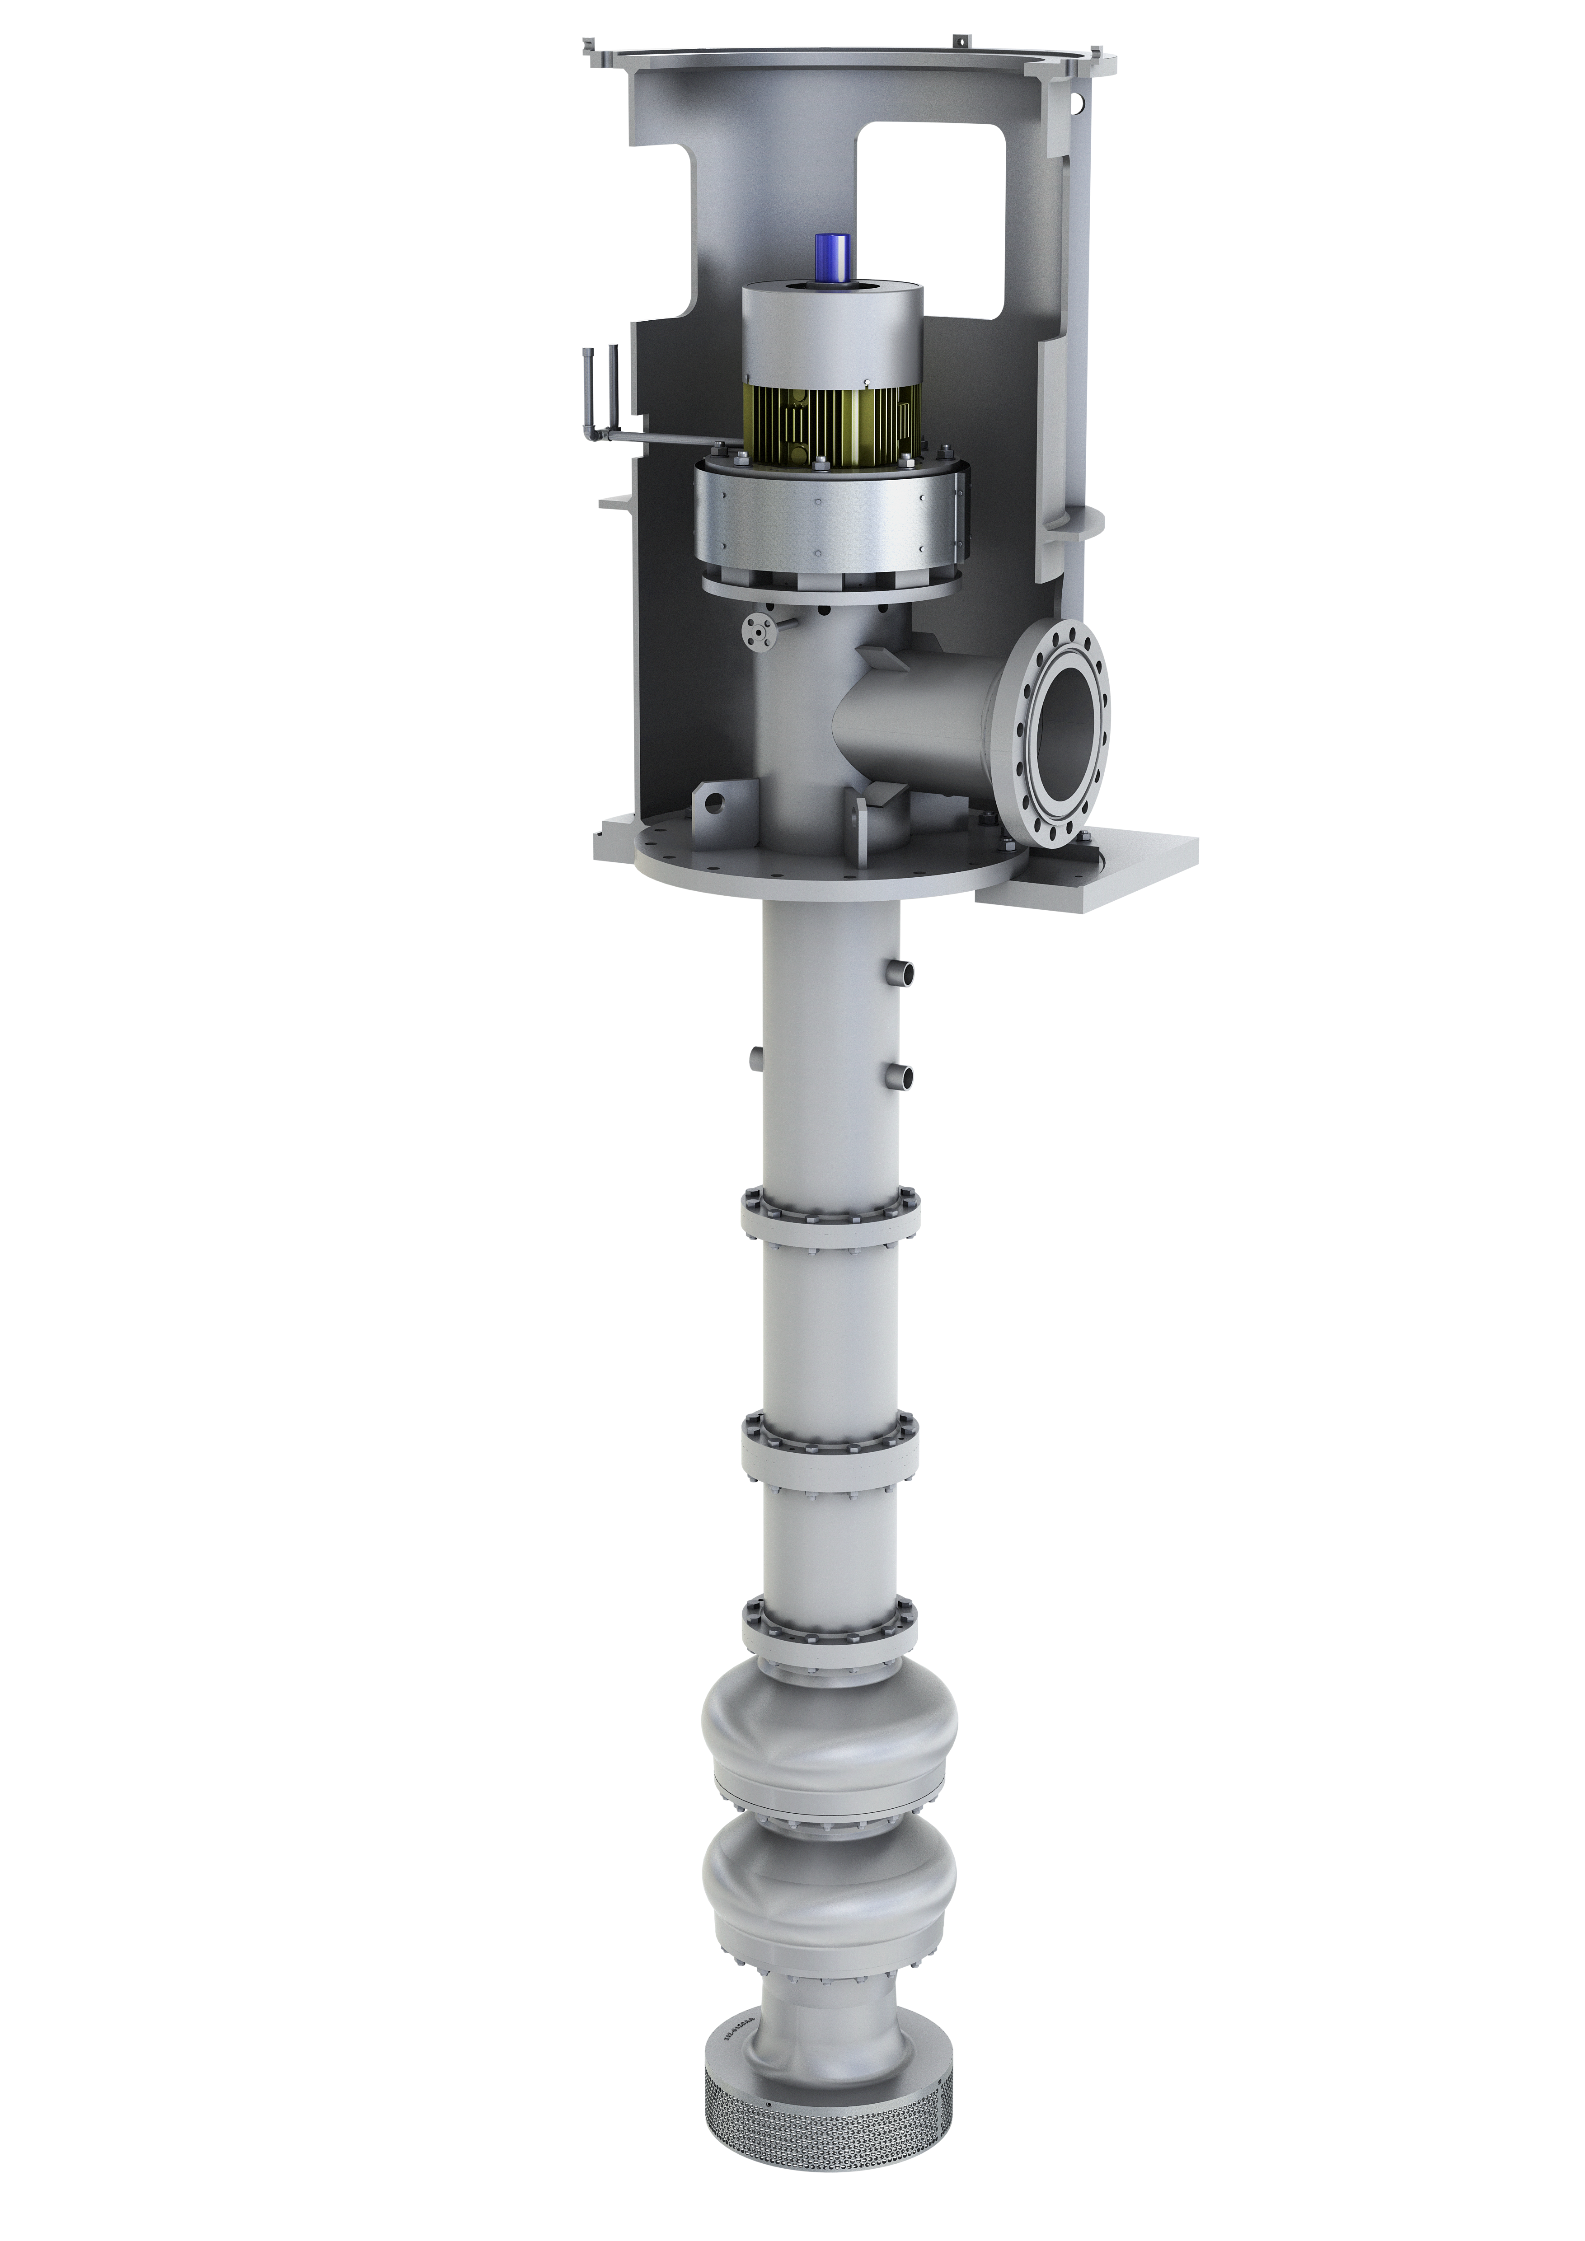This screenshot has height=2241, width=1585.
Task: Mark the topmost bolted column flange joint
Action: (x=830, y=1215)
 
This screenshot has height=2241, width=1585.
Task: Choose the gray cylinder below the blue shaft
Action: (x=831, y=332)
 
